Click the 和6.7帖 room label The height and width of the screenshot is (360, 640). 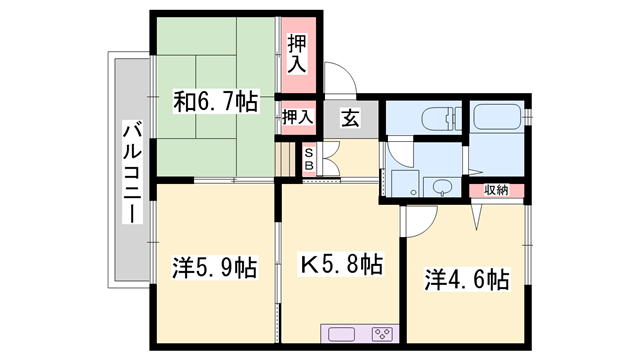click(216, 101)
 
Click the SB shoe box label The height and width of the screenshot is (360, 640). click(309, 160)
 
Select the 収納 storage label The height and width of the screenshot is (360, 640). click(496, 189)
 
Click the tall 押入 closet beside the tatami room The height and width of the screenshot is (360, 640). click(298, 56)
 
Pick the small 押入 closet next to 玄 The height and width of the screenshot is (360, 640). click(298, 116)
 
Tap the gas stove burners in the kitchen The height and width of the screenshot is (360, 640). click(380, 333)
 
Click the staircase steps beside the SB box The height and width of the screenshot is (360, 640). click(289, 158)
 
